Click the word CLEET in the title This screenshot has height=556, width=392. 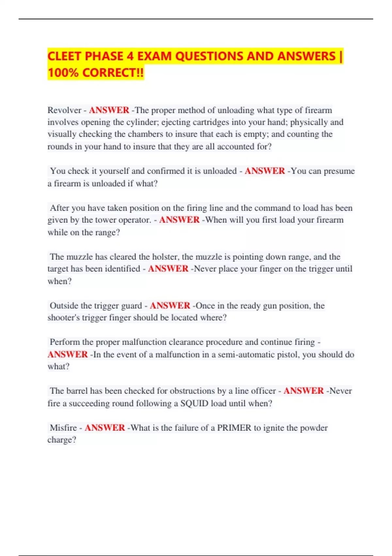click(x=64, y=56)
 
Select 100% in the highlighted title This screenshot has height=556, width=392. click(x=63, y=73)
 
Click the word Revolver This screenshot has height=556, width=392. click(x=64, y=110)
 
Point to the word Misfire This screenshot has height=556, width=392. click(x=63, y=428)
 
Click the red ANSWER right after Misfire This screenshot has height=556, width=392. click(x=105, y=428)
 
